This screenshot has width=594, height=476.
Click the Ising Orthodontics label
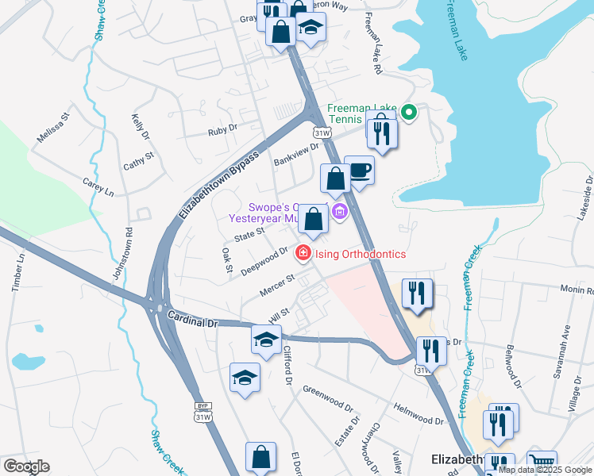[x=361, y=254]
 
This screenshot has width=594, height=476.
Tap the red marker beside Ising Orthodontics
[x=303, y=254]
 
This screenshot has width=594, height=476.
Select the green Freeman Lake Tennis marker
[x=410, y=113]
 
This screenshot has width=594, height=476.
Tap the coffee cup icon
[x=360, y=169]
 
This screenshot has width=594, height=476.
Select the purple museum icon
[x=341, y=211]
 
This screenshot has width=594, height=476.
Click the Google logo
[x=26, y=466]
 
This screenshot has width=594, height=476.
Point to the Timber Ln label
[x=18, y=272]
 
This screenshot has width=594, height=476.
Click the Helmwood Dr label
[x=419, y=413]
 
